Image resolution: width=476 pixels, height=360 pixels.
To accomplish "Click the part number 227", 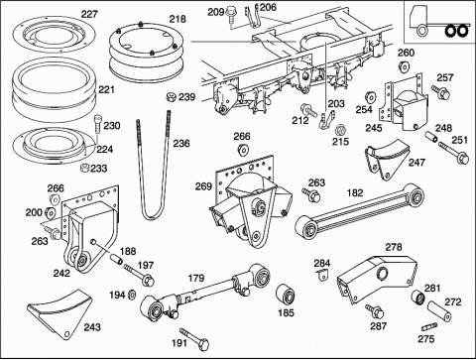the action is (89, 14).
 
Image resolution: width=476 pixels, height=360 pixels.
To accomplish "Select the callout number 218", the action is (178, 19).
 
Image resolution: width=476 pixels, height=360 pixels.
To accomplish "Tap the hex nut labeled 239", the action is (171, 97).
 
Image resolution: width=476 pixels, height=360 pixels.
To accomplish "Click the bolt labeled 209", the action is (231, 16).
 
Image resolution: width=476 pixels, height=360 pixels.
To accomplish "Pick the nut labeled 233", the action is (84, 168).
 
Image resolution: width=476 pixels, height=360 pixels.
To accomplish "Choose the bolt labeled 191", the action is (194, 338).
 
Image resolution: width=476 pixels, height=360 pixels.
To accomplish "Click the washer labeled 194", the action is (132, 294).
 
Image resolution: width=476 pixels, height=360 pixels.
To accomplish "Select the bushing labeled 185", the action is (286, 294).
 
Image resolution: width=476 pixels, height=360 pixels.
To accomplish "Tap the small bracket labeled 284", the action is (321, 275).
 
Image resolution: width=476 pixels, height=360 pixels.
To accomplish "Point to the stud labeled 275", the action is (428, 327).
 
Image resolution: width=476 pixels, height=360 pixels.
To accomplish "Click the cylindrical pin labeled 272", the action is (439, 311).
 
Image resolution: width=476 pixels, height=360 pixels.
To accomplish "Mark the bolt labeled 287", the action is (375, 311).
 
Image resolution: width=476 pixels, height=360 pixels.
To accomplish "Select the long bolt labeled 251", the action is (453, 152).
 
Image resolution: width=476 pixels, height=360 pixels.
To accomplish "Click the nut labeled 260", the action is (404, 66).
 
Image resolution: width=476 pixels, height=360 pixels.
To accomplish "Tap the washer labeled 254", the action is (370, 97).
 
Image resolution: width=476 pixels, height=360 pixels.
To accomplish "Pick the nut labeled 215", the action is (340, 129).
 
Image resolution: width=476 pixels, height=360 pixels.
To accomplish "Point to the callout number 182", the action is (355, 192).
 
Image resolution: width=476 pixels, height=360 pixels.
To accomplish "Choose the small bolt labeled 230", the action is (98, 124).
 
